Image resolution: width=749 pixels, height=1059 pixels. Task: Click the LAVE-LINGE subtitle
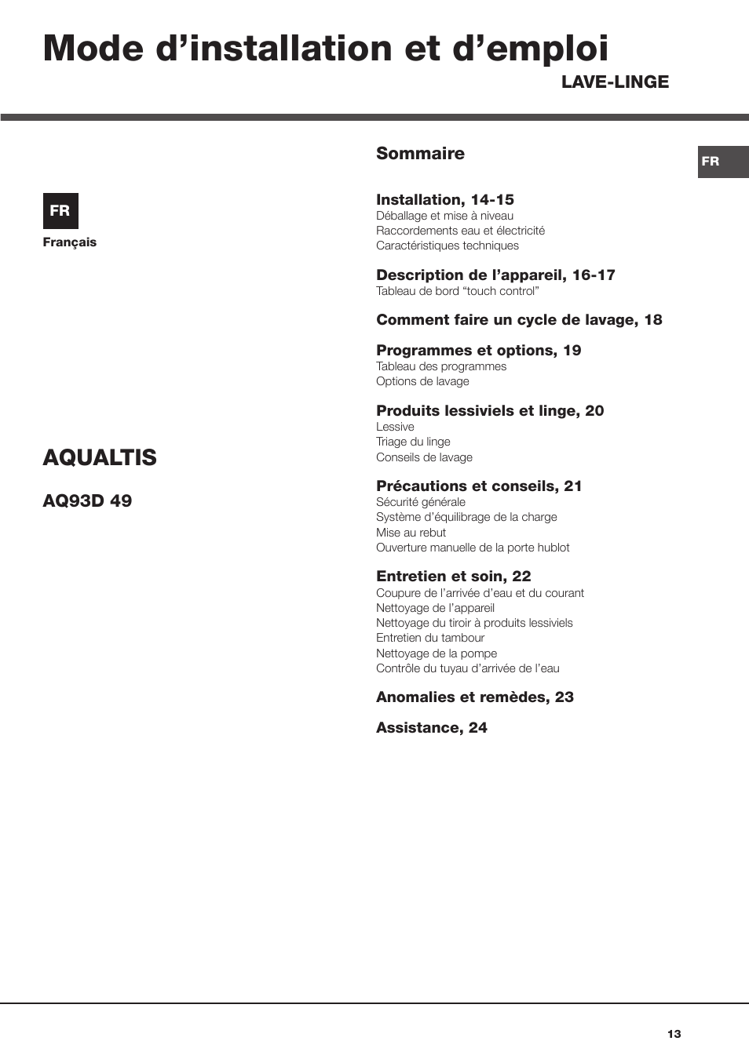click(615, 82)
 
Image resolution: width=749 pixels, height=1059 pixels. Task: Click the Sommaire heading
click(420, 154)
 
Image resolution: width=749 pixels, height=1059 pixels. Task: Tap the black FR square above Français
click(60, 210)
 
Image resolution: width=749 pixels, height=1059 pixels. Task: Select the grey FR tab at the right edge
click(722, 162)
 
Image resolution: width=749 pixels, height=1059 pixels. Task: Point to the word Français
click(70, 242)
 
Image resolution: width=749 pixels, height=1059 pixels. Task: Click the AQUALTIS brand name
click(100, 457)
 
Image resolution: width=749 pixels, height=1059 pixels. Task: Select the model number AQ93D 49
click(87, 500)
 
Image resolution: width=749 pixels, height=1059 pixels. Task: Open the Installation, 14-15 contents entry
click(445, 200)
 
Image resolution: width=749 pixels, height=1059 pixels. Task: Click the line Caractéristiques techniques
click(448, 246)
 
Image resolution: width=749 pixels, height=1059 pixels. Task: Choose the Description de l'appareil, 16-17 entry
click(495, 275)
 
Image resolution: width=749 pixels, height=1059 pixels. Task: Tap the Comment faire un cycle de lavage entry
click(519, 320)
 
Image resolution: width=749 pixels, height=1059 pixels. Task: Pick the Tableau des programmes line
click(441, 366)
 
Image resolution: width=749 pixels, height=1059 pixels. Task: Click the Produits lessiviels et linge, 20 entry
click(490, 411)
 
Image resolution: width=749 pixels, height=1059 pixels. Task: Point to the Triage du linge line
click(413, 442)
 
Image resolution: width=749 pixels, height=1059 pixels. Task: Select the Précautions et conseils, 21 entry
click(479, 486)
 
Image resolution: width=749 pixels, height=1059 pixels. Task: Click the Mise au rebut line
click(411, 533)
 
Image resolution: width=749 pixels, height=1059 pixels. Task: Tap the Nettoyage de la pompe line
click(437, 653)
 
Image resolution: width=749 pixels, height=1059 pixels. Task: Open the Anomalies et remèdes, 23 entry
click(475, 697)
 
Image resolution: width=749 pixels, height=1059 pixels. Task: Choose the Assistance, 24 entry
click(432, 728)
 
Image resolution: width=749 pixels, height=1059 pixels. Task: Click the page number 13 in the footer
click(674, 1034)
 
